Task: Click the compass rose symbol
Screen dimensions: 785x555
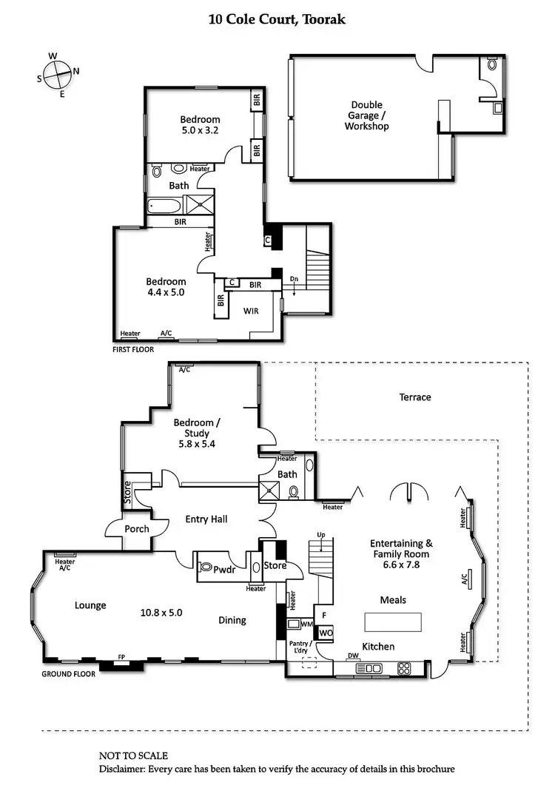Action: [x=55, y=73]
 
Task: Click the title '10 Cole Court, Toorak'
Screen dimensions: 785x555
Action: [x=277, y=19]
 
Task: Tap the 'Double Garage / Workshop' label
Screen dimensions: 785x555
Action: [x=366, y=115]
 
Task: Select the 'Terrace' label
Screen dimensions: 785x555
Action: [x=414, y=397]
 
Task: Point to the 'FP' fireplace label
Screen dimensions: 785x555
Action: [x=122, y=657]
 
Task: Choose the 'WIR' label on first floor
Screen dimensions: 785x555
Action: [x=252, y=311]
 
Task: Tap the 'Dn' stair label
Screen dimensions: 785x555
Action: [x=294, y=279]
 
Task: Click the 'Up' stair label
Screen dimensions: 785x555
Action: [x=321, y=534]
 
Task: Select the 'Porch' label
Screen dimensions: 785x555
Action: [x=136, y=529]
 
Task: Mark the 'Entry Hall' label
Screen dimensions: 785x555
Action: [x=206, y=519]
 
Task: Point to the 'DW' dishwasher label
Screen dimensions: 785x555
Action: [x=353, y=656]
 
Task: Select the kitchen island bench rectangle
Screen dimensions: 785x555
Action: [x=392, y=620]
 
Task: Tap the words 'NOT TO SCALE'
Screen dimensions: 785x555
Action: [x=133, y=755]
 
